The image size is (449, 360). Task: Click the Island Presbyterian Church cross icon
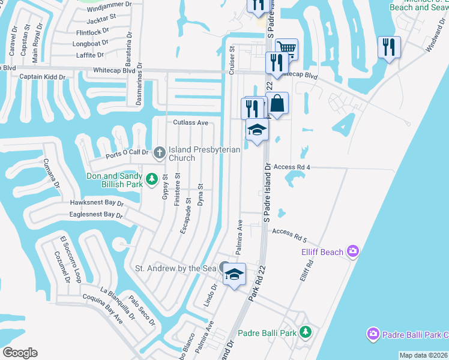coord(160,152)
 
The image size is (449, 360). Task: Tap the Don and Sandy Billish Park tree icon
coord(152,178)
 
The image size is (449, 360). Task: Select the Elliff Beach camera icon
coord(354,251)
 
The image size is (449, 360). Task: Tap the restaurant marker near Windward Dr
coord(389,47)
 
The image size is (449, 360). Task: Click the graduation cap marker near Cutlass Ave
coord(257,130)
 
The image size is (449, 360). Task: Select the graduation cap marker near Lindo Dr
coord(234,275)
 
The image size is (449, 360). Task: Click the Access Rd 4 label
coord(292,167)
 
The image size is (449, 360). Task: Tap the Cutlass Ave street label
coord(190,123)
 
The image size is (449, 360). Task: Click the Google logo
coord(20,353)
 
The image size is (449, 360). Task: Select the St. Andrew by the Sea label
coord(175,268)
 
